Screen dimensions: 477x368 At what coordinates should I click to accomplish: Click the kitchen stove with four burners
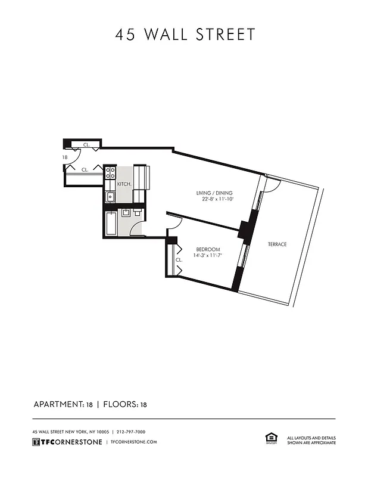pyautogui.click(x=110, y=173)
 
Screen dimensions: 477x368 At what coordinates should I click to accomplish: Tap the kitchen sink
pyautogui.click(x=110, y=197)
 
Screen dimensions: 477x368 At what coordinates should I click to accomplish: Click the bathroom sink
pyautogui.click(x=126, y=213)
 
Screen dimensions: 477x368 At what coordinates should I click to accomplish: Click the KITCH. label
pyautogui.click(x=124, y=184)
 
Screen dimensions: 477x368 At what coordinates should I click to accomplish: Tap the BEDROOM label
pyautogui.click(x=208, y=249)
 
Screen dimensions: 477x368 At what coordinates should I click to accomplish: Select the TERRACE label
pyautogui.click(x=277, y=244)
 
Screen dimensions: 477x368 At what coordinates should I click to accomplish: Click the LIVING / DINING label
pyautogui.click(x=214, y=193)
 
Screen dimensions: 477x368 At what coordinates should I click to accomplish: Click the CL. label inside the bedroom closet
pyautogui.click(x=178, y=260)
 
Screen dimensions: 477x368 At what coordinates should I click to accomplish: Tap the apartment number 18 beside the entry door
pyautogui.click(x=64, y=157)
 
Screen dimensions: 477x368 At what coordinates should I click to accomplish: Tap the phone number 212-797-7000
pyautogui.click(x=131, y=432)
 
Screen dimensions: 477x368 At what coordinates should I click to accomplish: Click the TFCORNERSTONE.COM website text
pyautogui.click(x=134, y=442)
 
